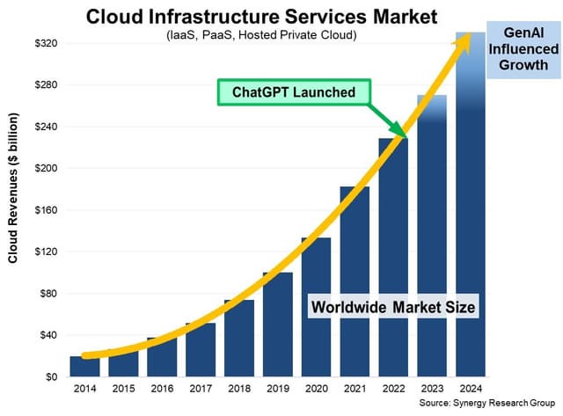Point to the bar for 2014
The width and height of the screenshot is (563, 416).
coord(84,367)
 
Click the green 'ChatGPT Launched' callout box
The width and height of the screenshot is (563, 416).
coord(294,91)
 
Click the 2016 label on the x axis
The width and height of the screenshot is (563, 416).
coord(161,390)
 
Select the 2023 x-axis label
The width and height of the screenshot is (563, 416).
coord(431,390)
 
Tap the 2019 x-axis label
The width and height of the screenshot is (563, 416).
coord(277,390)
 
